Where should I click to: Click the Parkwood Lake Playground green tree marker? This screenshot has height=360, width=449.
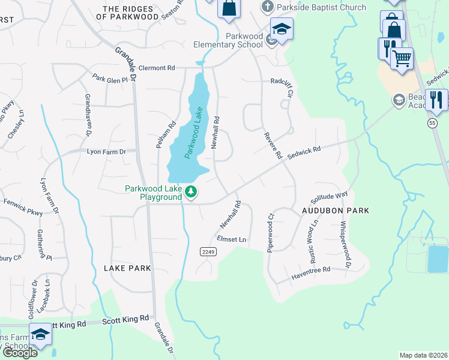point(191,192)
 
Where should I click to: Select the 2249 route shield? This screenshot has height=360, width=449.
point(208,252)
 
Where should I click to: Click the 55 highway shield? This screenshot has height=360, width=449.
point(432,122)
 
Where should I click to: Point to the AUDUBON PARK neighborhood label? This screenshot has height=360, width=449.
point(335,211)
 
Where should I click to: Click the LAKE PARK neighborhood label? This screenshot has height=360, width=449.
point(127,268)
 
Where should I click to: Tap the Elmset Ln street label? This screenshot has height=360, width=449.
point(232,239)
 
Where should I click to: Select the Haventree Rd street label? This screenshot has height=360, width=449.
point(311,271)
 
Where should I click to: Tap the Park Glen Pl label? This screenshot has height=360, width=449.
point(110,79)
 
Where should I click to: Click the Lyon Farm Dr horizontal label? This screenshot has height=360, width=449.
point(106,152)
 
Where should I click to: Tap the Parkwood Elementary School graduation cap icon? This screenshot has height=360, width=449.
point(281,28)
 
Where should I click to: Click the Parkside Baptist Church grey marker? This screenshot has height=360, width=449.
point(267,8)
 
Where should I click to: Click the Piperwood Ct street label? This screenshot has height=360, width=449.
point(271,232)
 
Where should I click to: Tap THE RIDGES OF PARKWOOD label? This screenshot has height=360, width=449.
point(131,13)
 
